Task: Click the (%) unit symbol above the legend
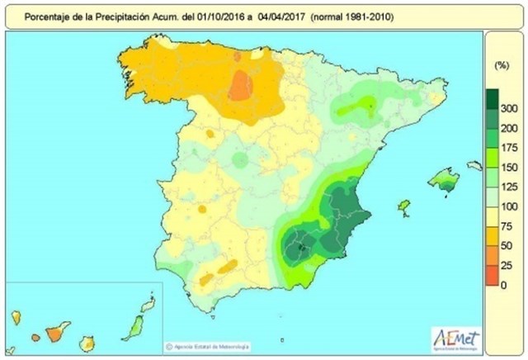(499, 64)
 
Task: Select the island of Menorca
(474, 166)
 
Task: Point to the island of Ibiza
(404, 205)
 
